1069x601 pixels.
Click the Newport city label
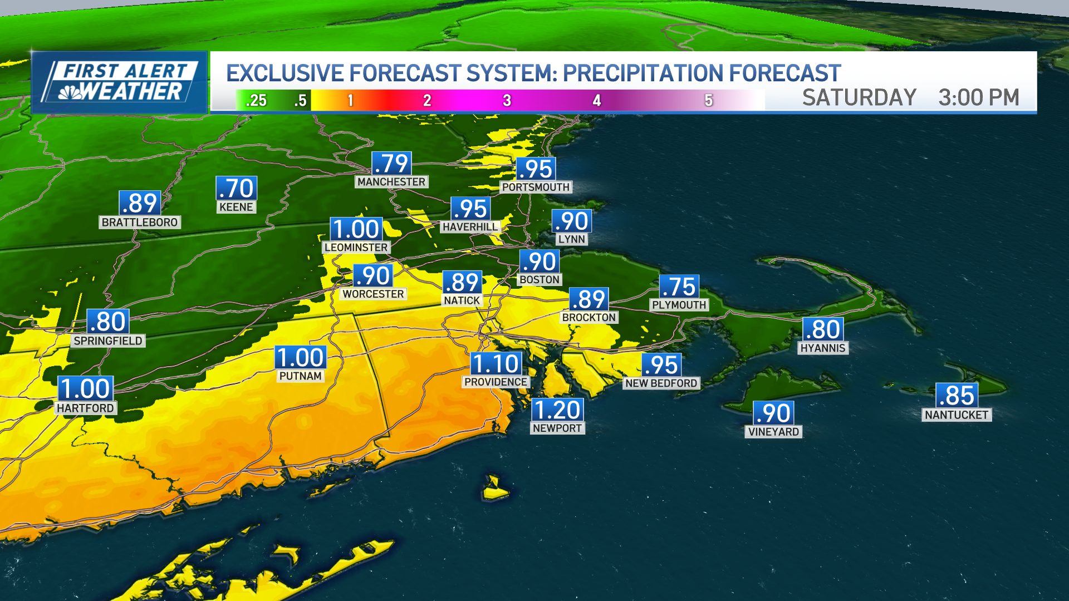click(557, 428)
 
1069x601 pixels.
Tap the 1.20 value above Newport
click(557, 410)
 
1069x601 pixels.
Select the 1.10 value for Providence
click(496, 364)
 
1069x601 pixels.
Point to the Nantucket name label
click(956, 415)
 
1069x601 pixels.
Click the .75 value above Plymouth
click(679, 287)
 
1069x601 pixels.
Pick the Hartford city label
click(85, 408)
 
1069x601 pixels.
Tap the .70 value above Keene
click(237, 189)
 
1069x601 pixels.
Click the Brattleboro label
click(140, 222)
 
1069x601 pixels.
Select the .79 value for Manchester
click(391, 164)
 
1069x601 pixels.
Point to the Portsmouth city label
click(536, 187)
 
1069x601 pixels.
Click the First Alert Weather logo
click(119, 82)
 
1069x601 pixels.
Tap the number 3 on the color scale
click(507, 101)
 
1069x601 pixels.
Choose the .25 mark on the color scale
click(256, 101)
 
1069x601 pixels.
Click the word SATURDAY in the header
click(859, 98)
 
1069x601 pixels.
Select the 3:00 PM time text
click(978, 98)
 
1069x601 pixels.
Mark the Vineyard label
click(773, 431)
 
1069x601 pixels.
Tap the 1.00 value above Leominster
click(356, 229)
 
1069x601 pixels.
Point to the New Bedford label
click(661, 383)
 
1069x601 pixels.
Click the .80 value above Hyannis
click(823, 329)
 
